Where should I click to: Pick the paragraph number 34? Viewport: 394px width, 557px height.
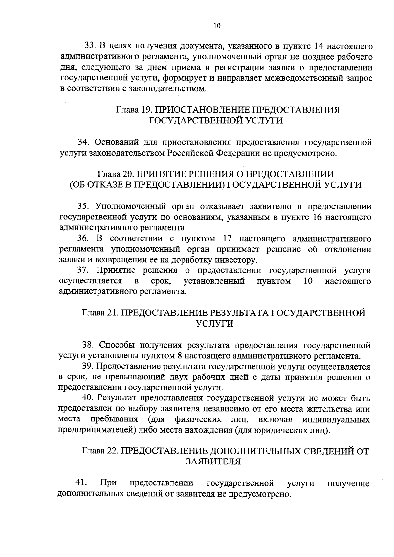tap(83, 142)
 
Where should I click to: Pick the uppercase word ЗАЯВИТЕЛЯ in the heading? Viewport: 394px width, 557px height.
tap(213, 462)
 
